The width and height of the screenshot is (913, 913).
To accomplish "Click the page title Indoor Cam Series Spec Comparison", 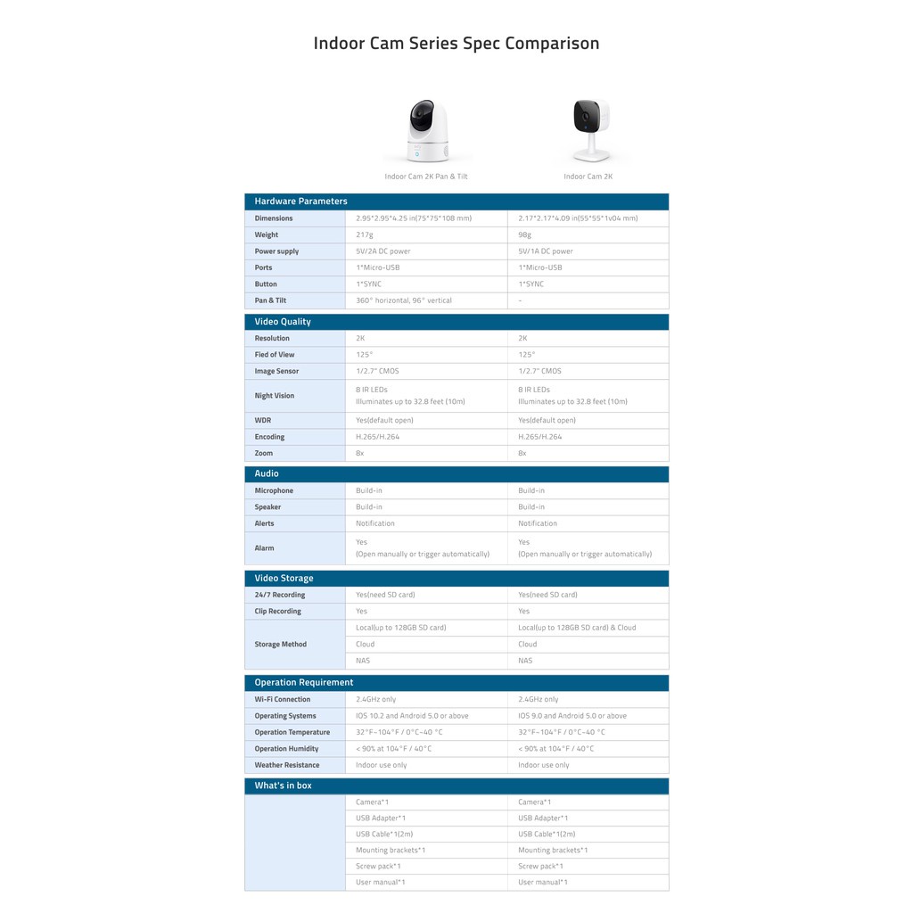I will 456,43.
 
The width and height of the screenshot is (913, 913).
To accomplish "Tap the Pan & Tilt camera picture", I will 426,131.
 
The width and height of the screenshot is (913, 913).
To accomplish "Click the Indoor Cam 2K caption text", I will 588,177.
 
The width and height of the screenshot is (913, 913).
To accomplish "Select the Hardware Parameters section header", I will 300,202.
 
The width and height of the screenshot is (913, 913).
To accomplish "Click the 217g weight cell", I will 365,234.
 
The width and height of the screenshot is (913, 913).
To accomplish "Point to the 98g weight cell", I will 525,234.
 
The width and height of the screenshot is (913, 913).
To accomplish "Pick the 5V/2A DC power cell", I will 383,251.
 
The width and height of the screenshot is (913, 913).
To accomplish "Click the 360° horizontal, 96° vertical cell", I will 404,300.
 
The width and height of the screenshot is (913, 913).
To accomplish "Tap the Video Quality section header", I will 283,322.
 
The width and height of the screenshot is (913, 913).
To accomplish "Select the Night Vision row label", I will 274,396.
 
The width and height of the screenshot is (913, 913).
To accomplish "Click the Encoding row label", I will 269,437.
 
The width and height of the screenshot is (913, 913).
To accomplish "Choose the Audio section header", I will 267,473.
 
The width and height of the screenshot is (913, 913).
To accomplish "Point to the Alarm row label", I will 264,548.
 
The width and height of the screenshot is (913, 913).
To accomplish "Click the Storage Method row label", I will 280,645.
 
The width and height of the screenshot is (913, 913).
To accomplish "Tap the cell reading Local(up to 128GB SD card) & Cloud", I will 577,628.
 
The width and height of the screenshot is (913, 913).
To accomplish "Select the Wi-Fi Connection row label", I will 283,699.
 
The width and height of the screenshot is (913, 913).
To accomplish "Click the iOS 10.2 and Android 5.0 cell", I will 412,716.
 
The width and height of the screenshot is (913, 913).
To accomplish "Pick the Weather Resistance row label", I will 286,765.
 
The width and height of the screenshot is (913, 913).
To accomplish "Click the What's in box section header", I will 283,786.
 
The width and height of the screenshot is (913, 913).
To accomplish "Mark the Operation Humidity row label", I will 286,749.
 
